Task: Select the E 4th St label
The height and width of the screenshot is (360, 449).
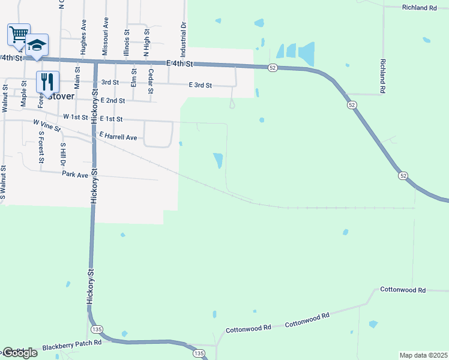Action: pos(180,64)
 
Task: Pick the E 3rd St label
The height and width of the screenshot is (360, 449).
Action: pos(200,85)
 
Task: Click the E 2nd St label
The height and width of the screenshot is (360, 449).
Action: pos(113,101)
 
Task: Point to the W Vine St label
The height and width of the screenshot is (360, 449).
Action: pos(47,125)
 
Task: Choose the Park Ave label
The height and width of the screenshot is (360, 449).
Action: pos(75,174)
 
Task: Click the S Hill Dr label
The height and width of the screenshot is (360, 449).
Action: pos(62,154)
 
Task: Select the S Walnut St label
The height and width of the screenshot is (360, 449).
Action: pos(4,182)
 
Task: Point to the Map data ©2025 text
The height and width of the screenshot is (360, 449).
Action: pos(423,355)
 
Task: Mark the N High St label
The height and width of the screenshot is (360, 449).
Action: pos(146,42)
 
